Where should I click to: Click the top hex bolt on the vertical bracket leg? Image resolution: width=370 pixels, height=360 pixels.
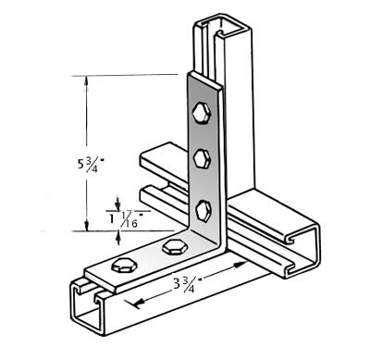[x=202, y=115]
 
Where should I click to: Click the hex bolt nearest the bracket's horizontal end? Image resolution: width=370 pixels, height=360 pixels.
[x=120, y=267]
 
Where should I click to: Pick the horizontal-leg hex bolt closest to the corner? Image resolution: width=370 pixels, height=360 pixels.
[x=172, y=247]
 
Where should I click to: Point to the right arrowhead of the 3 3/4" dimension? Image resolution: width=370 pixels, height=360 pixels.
[x=243, y=264]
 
